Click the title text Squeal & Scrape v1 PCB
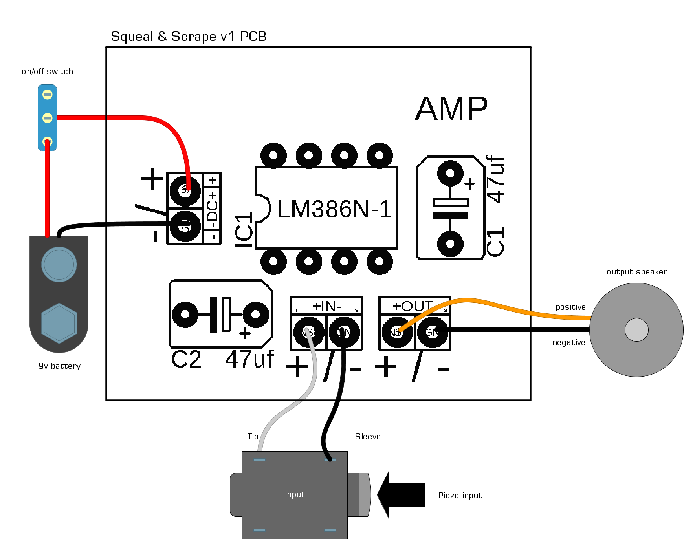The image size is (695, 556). coord(189,37)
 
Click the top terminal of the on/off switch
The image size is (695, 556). coord(47,95)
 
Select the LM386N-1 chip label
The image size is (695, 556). coord(334,209)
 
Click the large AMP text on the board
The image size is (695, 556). coord(451,109)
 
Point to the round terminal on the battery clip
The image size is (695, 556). coord(59,264)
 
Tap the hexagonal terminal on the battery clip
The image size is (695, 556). coord(59,323)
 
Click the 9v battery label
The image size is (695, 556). coord(59,366)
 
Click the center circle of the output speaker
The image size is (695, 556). coord(636,330)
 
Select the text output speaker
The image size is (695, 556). coord(636,272)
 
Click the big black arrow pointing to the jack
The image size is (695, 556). coord(401,495)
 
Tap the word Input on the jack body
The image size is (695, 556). coord(295,494)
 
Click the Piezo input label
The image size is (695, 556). coord(460,496)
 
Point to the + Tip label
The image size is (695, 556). coord(248,437)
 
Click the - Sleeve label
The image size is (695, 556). coord(365,437)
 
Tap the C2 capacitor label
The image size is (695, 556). coord(186,359)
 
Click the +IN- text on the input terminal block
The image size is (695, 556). coord(326,306)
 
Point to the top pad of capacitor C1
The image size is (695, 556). coord(450,173)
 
